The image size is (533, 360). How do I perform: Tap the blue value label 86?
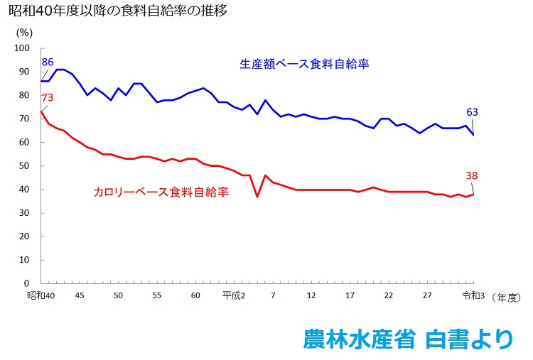click(x=48, y=62)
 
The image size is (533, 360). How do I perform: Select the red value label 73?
click(x=48, y=97)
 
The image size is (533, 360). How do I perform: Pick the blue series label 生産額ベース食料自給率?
click(x=305, y=64)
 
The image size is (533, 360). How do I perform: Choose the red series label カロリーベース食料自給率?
click(x=161, y=192)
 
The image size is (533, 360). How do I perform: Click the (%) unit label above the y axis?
click(x=23, y=33)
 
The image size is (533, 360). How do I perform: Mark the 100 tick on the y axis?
click(x=22, y=48)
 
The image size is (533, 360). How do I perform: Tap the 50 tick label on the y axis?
click(x=25, y=166)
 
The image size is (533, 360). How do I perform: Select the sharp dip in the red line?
click(x=257, y=196)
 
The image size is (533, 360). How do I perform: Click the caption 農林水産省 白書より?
click(x=407, y=339)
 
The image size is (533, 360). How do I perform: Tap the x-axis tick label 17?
click(x=350, y=295)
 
